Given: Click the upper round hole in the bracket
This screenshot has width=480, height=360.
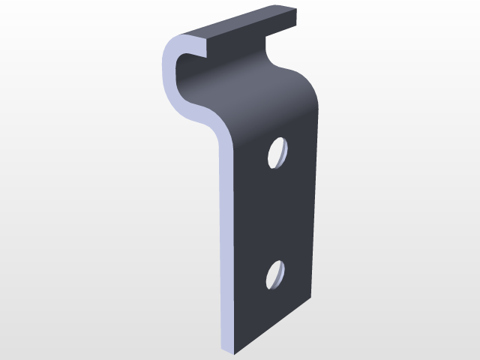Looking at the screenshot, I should pos(278,152).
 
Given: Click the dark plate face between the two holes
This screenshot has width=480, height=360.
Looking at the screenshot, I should pos(274,214).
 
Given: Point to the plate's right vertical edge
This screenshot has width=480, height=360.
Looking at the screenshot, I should pos(313,195).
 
